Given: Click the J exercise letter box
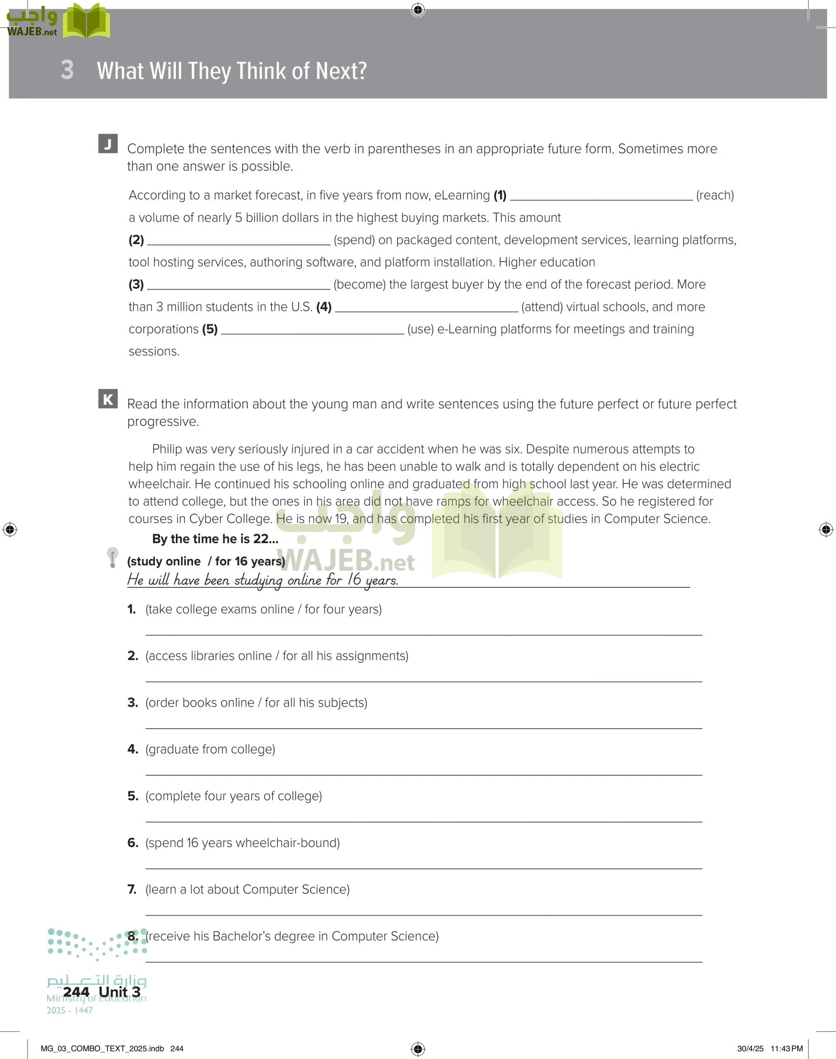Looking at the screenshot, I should point(108,144).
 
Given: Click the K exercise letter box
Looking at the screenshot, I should point(108,399).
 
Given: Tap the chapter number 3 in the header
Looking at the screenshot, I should point(67,70).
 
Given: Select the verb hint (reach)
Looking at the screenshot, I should point(715,195).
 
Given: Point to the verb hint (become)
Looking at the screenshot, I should point(359,285).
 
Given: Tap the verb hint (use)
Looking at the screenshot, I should point(421,329).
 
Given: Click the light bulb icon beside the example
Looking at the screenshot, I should point(112,557).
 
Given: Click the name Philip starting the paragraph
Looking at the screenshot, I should point(168,449).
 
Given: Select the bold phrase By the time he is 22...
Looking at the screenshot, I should point(215,539).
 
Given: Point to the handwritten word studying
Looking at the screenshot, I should point(258,580).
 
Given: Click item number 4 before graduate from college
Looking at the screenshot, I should point(132,750).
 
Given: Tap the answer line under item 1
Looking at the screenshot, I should point(424,632).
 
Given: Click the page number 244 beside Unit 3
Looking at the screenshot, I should point(76,992).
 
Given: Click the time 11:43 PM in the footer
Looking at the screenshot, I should point(787,1048).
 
